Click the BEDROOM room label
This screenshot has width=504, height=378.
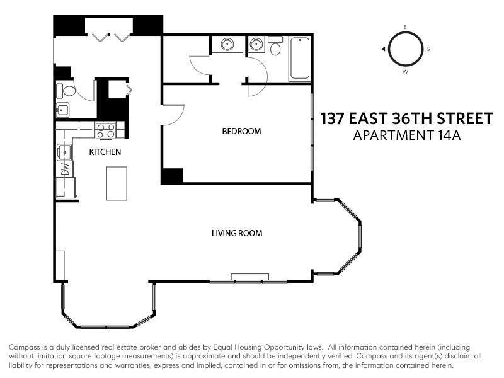coord(241,131)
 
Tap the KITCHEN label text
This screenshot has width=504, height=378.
coord(105,152)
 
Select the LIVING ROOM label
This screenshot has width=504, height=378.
coord(236,233)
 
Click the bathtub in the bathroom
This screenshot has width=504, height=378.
coord(300,59)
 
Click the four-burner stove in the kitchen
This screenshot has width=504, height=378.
coord(105,130)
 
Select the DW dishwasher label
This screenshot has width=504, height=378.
coord(64,169)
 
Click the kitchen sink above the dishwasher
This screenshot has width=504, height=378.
coord(64,151)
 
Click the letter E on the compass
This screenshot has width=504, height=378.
coord(405,27)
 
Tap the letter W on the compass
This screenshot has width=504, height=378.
coord(405,71)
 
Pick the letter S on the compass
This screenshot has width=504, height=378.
coord(428,49)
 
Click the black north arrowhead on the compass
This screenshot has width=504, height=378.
coord(383,49)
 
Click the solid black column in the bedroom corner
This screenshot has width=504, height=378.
coord(171,176)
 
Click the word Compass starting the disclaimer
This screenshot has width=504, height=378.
coord(23,348)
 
